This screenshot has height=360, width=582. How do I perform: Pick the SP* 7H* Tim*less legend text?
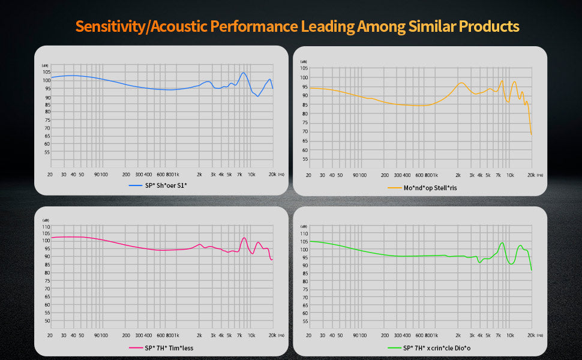(168, 348)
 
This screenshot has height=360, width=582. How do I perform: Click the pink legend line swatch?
(136, 348)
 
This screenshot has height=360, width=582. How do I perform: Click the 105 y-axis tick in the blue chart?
(46, 72)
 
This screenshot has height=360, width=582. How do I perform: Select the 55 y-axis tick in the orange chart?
(305, 160)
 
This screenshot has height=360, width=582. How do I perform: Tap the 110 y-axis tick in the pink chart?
(46, 227)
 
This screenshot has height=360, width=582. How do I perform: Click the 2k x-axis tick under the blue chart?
(199, 174)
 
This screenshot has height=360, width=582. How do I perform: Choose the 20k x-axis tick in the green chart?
(531, 336)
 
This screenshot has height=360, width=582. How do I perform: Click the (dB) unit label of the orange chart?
(304, 61)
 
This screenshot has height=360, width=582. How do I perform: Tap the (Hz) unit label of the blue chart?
(281, 174)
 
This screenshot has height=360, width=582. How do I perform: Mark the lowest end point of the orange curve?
(532, 135)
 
